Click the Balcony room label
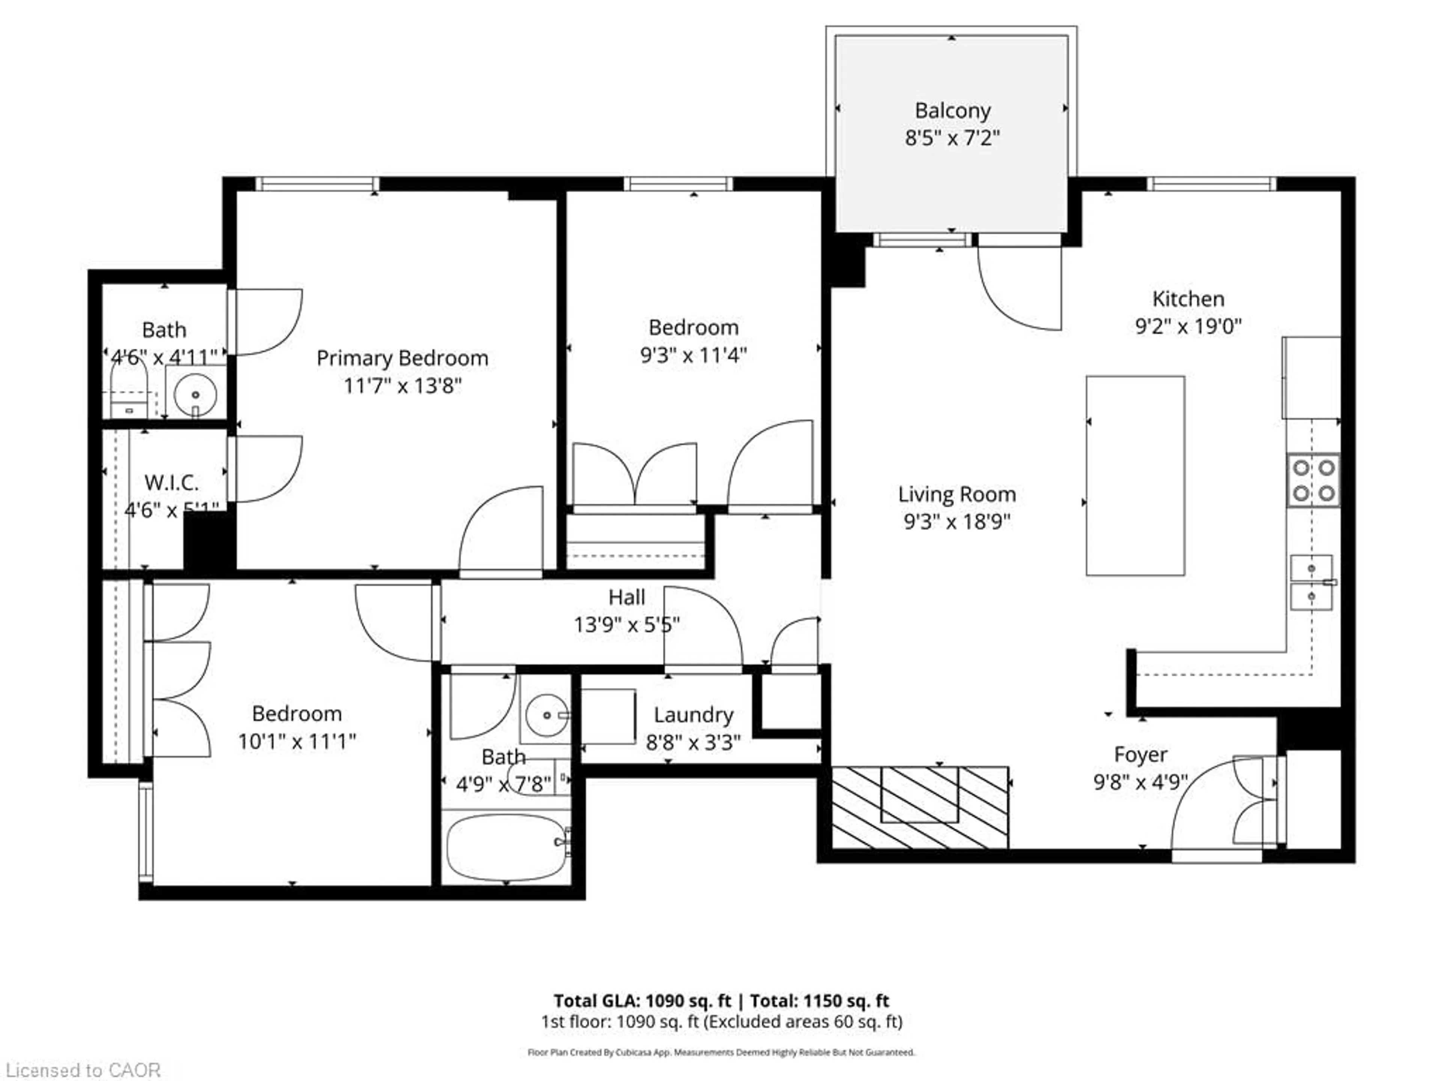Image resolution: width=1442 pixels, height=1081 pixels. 952,111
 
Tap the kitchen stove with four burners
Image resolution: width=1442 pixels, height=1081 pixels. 1313,480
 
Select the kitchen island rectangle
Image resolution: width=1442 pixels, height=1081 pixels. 1135,476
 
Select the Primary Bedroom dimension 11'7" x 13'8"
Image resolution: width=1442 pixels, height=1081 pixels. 402,386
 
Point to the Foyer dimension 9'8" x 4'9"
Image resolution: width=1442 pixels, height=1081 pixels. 1140,781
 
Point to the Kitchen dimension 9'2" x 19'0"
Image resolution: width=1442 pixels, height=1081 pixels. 1188,326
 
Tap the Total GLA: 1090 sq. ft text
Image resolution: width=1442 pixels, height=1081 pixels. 642,1001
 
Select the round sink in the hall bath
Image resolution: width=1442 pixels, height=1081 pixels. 546,715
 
